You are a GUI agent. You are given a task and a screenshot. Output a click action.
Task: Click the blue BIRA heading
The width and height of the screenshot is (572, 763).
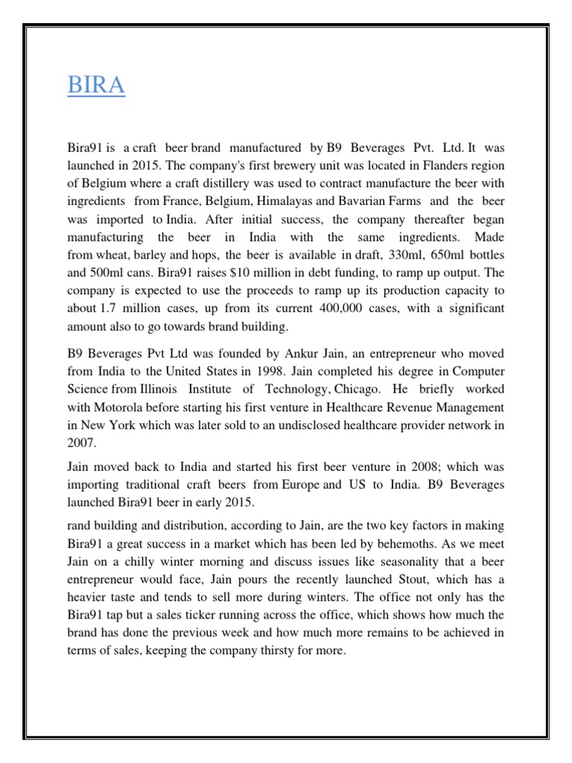[x=96, y=85]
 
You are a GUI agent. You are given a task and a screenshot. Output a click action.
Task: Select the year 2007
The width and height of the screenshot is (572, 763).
[x=83, y=443]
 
